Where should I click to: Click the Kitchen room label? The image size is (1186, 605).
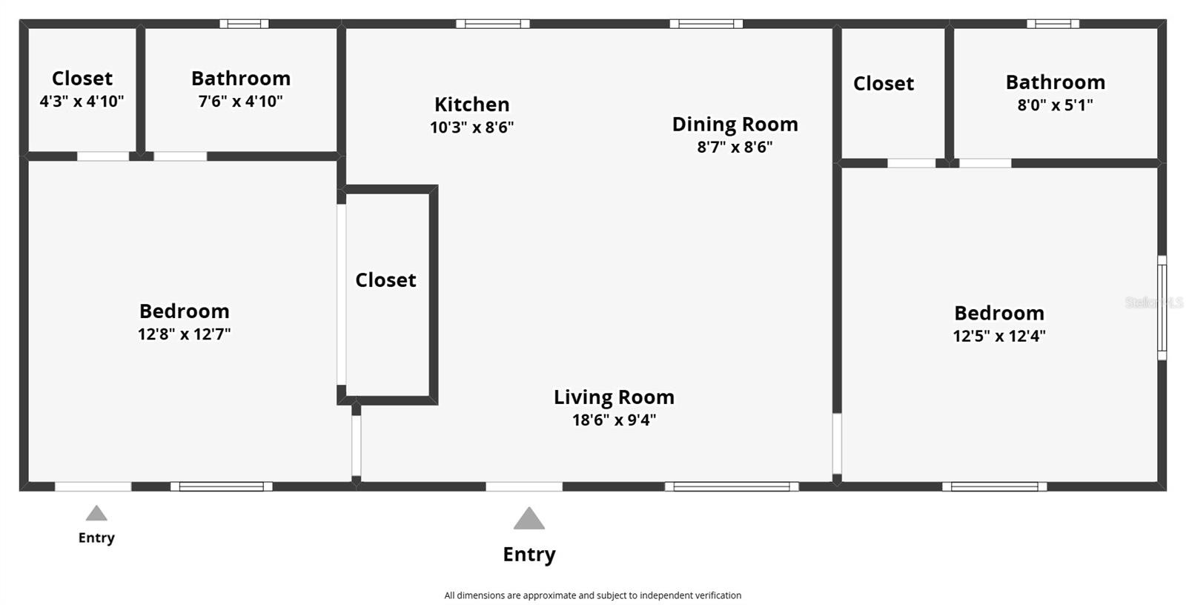(x=471, y=105)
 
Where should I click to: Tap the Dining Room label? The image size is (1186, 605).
(x=735, y=124)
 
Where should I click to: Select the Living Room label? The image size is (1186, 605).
(x=614, y=397)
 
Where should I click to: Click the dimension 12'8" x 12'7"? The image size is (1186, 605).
(x=185, y=334)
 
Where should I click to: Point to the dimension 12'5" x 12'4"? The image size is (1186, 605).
(x=999, y=336)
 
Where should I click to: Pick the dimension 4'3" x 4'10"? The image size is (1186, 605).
(x=82, y=101)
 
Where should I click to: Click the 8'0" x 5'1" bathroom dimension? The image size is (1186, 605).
(x=1056, y=105)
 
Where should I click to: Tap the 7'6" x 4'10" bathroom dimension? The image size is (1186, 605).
(x=240, y=101)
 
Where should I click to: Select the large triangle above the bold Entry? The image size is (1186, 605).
(x=529, y=518)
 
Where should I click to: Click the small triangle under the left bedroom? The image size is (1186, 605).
(x=96, y=513)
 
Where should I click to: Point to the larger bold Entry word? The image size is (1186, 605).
(x=529, y=555)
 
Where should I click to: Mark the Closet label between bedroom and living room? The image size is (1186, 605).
(x=385, y=280)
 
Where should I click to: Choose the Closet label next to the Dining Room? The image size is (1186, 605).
(x=884, y=83)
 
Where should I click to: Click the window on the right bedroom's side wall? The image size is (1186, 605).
(x=1162, y=308)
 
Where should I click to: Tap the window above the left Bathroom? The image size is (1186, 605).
(x=244, y=24)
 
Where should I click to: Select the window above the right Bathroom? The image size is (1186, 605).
(x=1053, y=24)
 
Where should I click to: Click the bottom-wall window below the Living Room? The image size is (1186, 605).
(x=732, y=486)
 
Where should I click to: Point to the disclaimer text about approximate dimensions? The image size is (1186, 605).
(x=592, y=595)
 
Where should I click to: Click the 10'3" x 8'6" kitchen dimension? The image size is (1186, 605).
(x=471, y=127)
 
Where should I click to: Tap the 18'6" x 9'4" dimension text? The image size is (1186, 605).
(x=614, y=420)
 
